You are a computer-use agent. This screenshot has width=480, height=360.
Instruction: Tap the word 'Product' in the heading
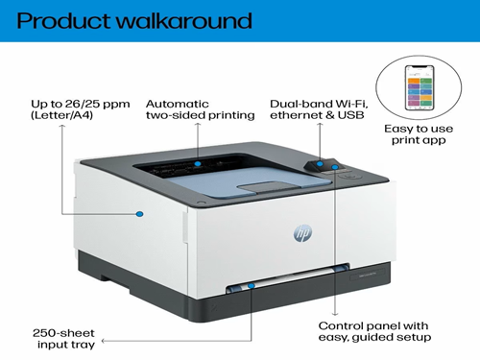click(x=61, y=20)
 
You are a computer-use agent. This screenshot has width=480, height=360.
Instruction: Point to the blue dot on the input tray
click(x=252, y=285)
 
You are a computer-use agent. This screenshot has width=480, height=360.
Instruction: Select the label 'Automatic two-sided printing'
click(x=200, y=108)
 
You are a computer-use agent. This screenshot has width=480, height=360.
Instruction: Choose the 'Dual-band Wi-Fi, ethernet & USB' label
click(x=318, y=108)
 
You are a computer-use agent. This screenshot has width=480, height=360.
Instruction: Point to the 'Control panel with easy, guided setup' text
click(x=374, y=330)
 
